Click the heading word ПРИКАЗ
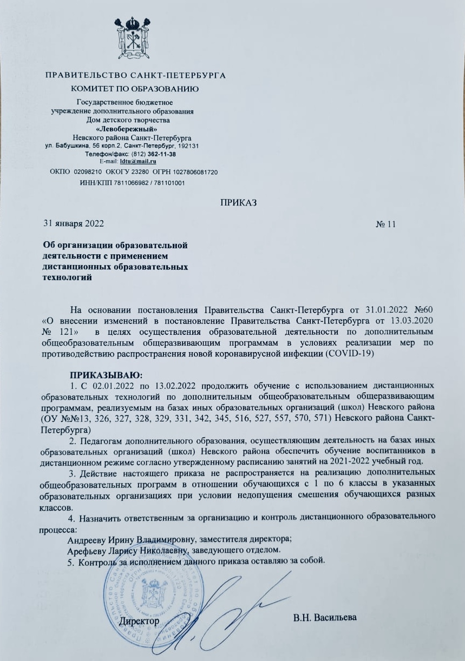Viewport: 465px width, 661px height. [x=238, y=203]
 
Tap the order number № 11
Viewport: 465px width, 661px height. [x=386, y=223]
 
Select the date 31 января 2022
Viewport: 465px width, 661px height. [x=73, y=223]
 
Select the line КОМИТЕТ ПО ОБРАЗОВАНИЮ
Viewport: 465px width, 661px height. [x=135, y=88]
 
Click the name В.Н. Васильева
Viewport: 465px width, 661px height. [x=325, y=618]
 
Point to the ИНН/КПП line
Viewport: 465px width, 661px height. [x=132, y=183]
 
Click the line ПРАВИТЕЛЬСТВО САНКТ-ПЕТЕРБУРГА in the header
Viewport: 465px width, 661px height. [x=135, y=75]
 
